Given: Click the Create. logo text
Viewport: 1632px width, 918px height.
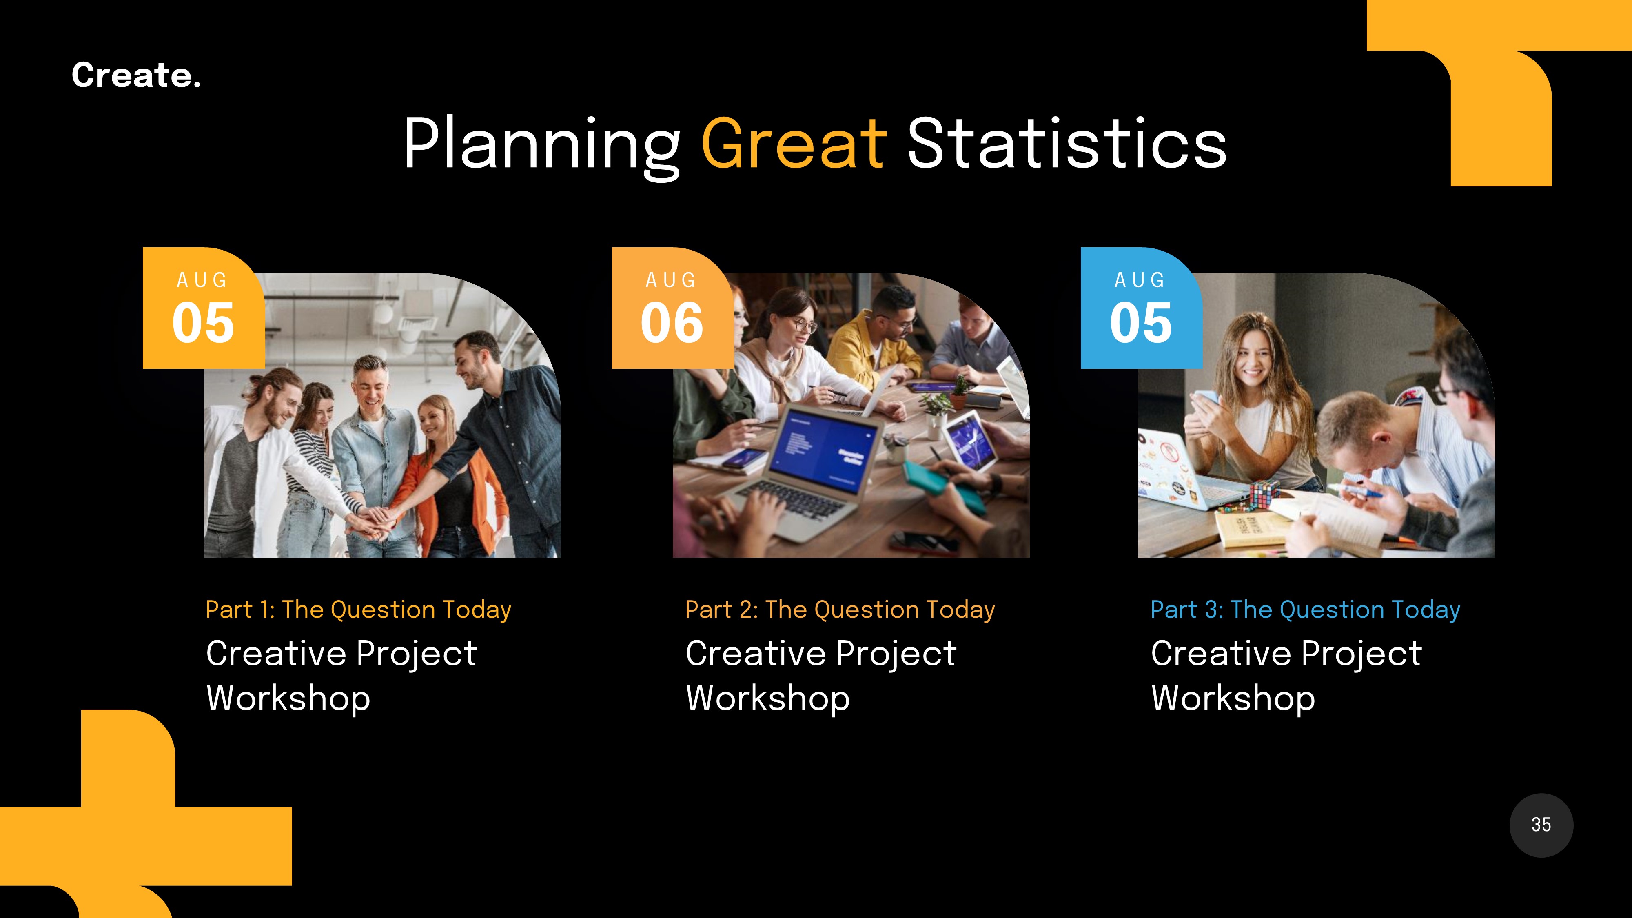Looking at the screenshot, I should click(x=135, y=75).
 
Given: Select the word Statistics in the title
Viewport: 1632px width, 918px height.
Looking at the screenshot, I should click(x=1067, y=144).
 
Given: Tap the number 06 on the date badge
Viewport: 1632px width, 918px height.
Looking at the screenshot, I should click(x=672, y=323).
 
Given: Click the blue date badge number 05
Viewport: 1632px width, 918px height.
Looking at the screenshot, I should click(x=1140, y=323).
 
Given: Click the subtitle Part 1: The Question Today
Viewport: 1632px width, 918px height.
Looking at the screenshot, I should click(x=358, y=610).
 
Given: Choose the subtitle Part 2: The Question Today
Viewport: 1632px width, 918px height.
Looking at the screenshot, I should click(x=839, y=610).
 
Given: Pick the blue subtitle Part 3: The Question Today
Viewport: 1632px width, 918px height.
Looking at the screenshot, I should click(x=1305, y=610).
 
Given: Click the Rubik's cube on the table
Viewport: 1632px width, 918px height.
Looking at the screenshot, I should click(x=1264, y=494).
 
